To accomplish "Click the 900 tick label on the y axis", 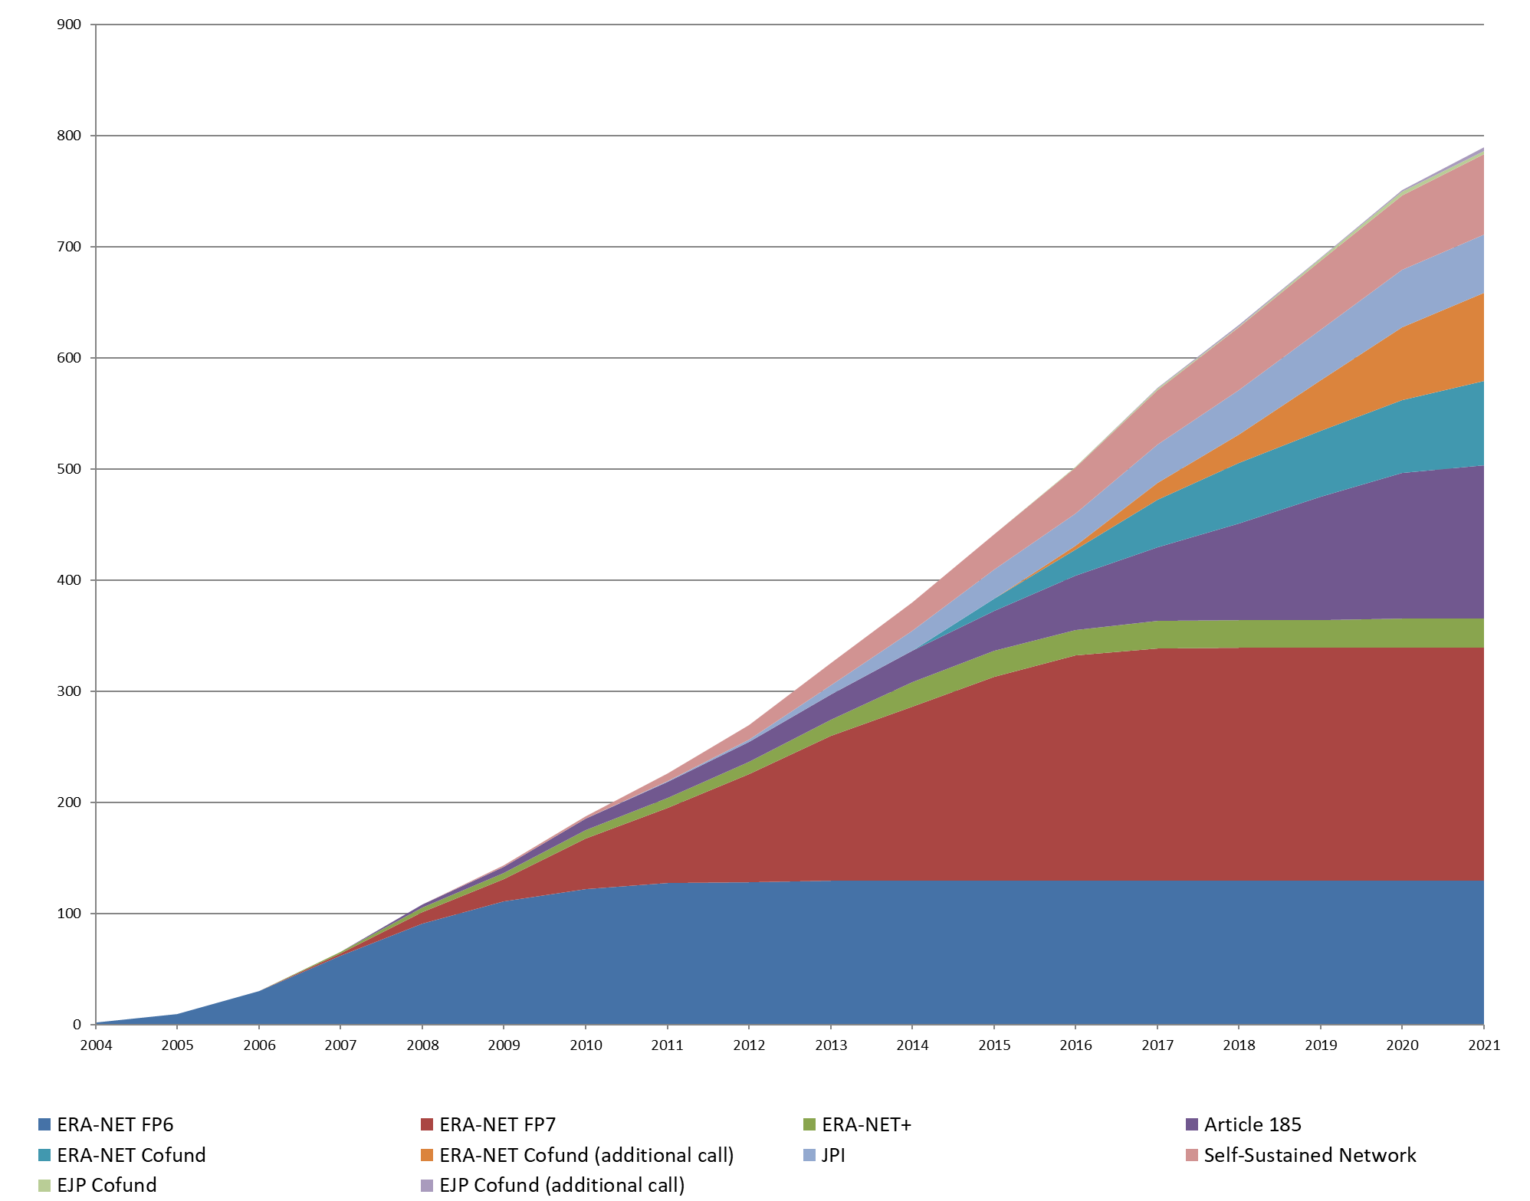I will (x=69, y=25).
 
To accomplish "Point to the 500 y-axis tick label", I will (x=69, y=469).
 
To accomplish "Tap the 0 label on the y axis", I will (x=77, y=1025).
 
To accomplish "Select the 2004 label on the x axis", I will (x=96, y=1045).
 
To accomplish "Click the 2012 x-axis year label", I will (x=749, y=1045).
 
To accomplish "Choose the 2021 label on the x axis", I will (x=1484, y=1045).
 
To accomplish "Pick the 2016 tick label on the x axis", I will (x=1075, y=1045).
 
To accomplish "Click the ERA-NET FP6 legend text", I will (x=115, y=1124).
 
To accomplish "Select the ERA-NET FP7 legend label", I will (x=497, y=1124).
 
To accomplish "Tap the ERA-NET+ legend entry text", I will (x=866, y=1124).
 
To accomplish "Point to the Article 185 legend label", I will (x=1253, y=1124).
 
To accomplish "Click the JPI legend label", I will (x=833, y=1155).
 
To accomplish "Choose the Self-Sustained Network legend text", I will (x=1310, y=1155).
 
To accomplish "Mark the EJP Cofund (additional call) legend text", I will (x=562, y=1185).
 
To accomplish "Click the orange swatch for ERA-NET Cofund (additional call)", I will (x=427, y=1155).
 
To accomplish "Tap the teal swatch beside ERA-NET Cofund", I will (x=44, y=1155).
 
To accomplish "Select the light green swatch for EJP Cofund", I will (x=44, y=1185).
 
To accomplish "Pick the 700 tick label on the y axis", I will (x=69, y=247).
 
